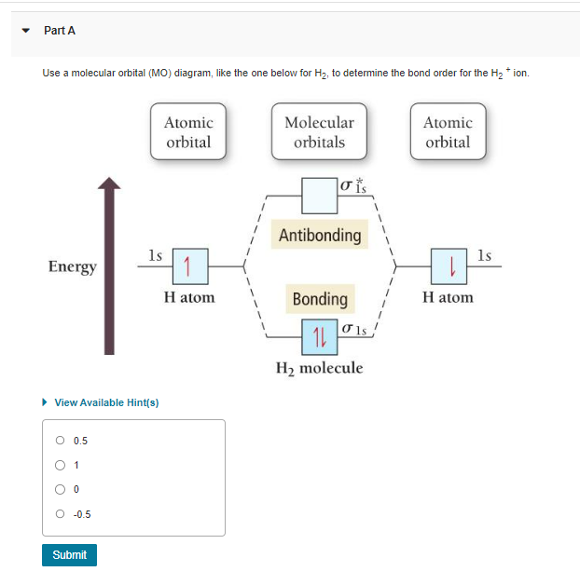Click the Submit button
(x=69, y=555)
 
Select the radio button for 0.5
(x=61, y=441)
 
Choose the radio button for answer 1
(x=61, y=465)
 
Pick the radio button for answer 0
(x=61, y=489)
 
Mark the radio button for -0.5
(x=61, y=513)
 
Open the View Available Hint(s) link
(x=106, y=402)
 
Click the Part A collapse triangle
(x=27, y=31)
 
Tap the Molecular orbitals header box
(x=319, y=132)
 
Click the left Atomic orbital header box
(x=188, y=132)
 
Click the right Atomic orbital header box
(x=448, y=132)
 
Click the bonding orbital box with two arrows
(x=319, y=333)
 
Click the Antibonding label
(x=320, y=235)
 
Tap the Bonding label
(x=320, y=299)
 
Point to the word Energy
(x=73, y=267)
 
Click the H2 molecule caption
(x=319, y=368)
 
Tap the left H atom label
(x=188, y=297)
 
